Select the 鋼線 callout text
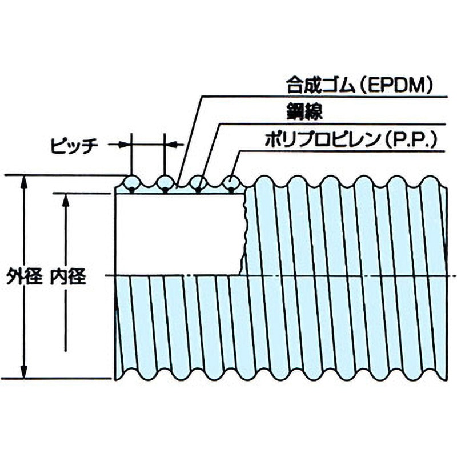click(300, 112)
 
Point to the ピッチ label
click(73, 145)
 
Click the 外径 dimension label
click(25, 278)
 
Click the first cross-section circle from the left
click(132, 183)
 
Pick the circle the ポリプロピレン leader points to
click(231, 183)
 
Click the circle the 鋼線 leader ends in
click(198, 183)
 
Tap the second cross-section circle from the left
click(165, 183)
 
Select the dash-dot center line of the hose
click(343, 276)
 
